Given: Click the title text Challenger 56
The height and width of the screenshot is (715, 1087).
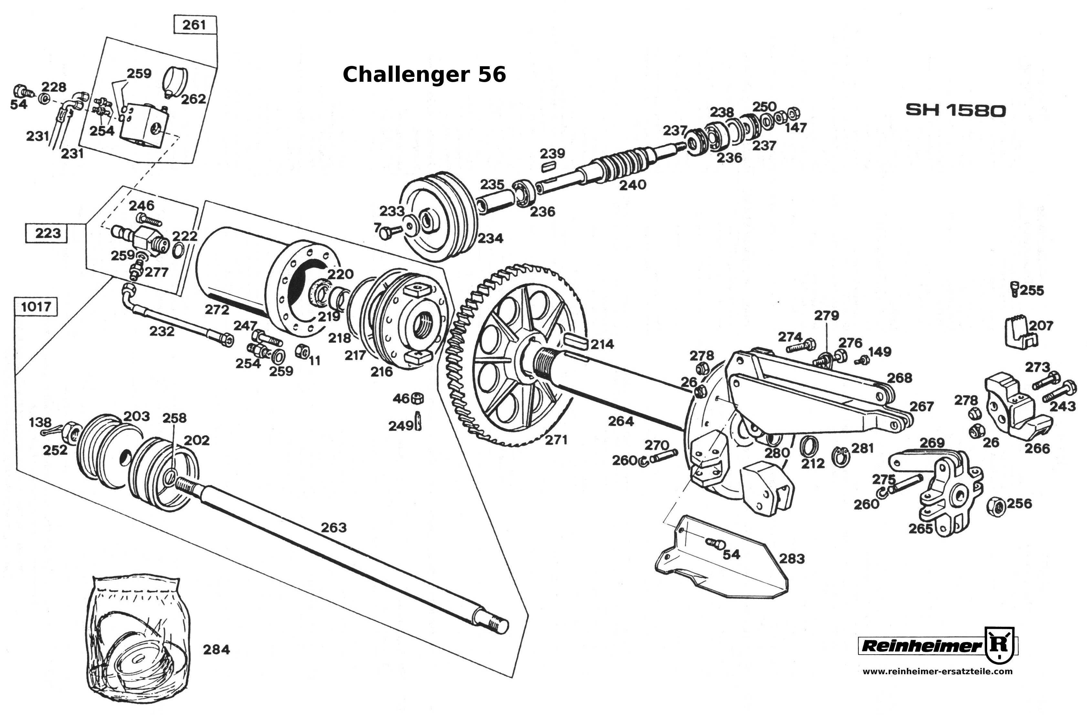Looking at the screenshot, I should click(424, 74).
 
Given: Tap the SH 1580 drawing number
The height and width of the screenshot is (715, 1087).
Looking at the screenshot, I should click(955, 110).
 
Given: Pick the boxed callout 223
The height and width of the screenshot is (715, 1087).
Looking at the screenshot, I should click(47, 233).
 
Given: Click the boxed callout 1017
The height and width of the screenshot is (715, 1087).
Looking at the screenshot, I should click(36, 306).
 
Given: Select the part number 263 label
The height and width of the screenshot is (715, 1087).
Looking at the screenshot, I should click(333, 527).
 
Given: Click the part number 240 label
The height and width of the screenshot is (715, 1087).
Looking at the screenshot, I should click(633, 185).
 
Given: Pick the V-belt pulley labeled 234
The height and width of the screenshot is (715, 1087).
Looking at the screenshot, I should click(438, 217).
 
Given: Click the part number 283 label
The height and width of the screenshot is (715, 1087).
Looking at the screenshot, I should click(792, 558).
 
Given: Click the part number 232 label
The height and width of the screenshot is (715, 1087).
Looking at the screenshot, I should click(162, 331).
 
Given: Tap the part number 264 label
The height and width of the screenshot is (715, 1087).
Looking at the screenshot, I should click(621, 421).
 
